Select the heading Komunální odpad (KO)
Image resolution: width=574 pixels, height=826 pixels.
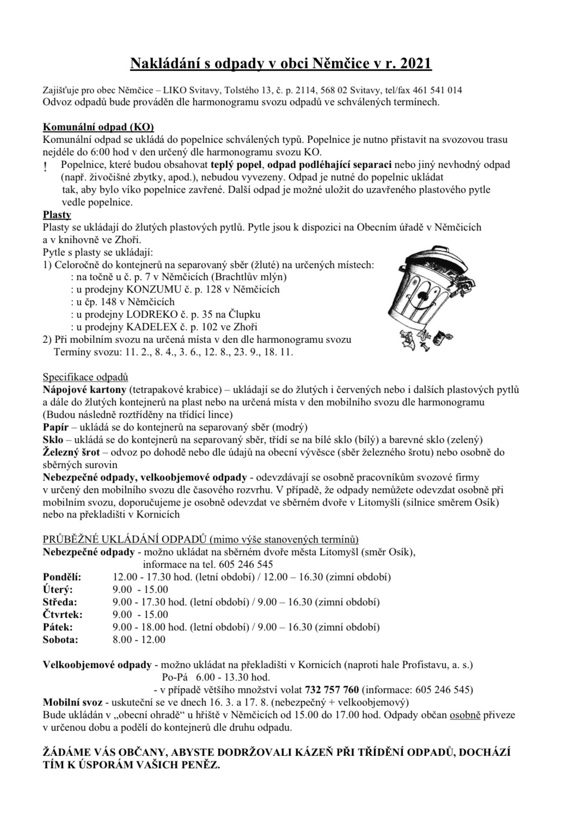tap(98, 127)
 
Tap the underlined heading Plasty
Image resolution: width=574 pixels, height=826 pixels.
tap(57, 215)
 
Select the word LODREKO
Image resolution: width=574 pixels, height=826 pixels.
tap(149, 314)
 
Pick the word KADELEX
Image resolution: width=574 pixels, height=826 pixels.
tap(149, 327)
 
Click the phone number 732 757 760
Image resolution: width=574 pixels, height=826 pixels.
tap(332, 689)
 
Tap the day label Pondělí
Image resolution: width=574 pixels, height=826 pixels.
tap(62, 576)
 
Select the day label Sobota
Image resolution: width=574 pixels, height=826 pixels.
tap(60, 640)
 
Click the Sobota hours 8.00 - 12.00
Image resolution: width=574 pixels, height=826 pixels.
tap(139, 640)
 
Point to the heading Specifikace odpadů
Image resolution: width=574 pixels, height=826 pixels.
tap(85, 377)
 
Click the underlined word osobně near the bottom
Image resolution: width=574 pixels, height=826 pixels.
tap(465, 715)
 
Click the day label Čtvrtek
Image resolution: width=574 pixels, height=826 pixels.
tap(62, 615)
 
